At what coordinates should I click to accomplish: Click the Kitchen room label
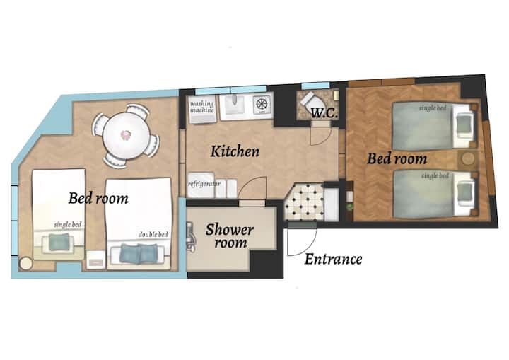tap(235, 152)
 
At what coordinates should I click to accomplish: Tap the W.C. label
tap(324, 113)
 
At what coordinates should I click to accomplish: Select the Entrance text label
tap(334, 260)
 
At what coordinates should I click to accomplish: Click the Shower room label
tap(230, 236)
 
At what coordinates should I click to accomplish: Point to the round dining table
tap(127, 136)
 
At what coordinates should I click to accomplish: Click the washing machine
tap(202, 110)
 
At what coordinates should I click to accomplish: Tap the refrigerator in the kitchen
tap(201, 185)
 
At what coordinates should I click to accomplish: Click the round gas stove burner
tap(262, 104)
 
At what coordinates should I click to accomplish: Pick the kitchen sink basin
tap(235, 105)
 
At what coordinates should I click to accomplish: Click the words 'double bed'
tap(153, 235)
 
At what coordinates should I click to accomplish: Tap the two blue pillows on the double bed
tap(139, 253)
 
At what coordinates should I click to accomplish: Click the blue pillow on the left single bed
tap(59, 242)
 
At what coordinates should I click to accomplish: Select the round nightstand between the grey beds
tap(468, 158)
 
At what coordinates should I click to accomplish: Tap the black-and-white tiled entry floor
tap(304, 202)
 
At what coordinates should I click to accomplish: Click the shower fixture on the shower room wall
tap(191, 237)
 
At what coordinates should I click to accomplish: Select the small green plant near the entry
tap(350, 207)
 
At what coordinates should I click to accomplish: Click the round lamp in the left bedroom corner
tap(25, 264)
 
